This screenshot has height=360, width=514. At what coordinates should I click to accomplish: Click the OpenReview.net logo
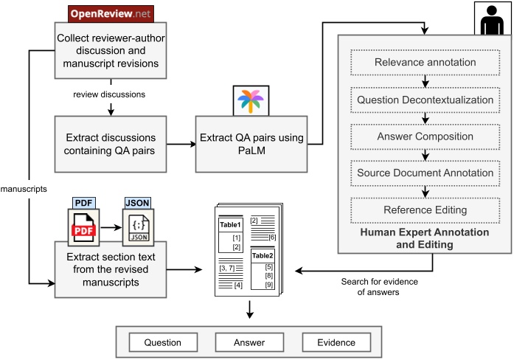(109, 13)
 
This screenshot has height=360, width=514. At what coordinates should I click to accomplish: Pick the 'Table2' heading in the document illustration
(263, 255)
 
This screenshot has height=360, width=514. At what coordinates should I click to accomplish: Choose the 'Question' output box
(163, 342)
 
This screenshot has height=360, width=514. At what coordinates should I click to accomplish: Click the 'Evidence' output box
(336, 342)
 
